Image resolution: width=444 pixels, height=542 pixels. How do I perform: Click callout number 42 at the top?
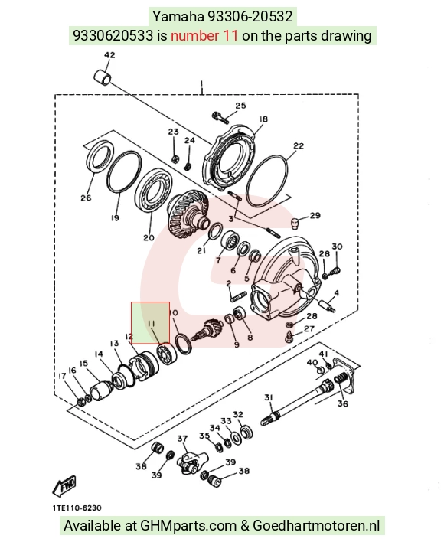pos(109,55)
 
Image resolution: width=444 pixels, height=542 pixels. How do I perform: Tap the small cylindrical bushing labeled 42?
pos(103,77)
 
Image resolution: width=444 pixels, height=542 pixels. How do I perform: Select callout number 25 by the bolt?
pos(240,106)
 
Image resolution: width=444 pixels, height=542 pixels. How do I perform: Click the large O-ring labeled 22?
pos(266,181)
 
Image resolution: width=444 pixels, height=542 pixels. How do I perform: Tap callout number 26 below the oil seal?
pos(86,198)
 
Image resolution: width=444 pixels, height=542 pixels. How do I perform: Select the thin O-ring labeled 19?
pos(124,171)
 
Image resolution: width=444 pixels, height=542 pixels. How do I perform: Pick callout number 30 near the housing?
pos(337,247)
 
